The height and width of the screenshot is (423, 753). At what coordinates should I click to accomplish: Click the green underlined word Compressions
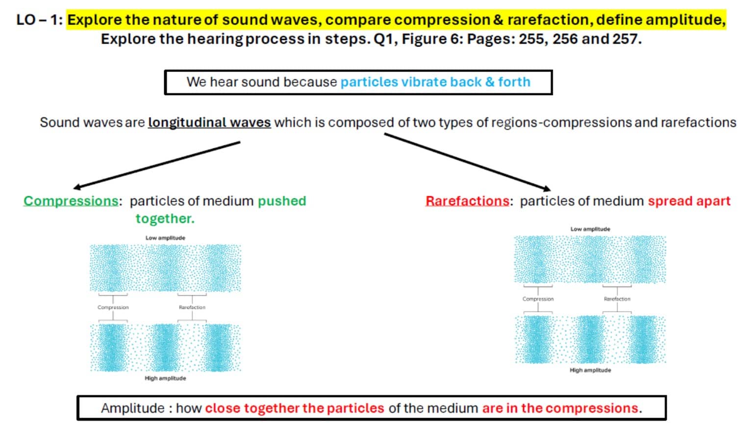pyautogui.click(x=71, y=201)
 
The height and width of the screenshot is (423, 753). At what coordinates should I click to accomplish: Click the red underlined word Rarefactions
pyautogui.click(x=467, y=201)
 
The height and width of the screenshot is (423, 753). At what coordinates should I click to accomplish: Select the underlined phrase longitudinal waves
pyautogui.click(x=209, y=122)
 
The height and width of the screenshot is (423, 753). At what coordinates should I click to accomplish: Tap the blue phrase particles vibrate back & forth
pyautogui.click(x=435, y=82)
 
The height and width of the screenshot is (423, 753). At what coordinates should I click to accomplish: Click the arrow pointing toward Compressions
pyautogui.click(x=157, y=165)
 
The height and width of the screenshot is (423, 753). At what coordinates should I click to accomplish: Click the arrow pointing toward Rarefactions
pyautogui.click(x=468, y=162)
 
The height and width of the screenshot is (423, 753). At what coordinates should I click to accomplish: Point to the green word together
pyautogui.click(x=165, y=218)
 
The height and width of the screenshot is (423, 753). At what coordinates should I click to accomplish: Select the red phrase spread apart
pyautogui.click(x=689, y=201)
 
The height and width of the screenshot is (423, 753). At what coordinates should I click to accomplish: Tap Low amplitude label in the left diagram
pyautogui.click(x=165, y=237)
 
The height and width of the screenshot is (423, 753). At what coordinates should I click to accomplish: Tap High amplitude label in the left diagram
pyautogui.click(x=165, y=378)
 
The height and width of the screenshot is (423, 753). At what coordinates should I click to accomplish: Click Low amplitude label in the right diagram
pyautogui.click(x=590, y=229)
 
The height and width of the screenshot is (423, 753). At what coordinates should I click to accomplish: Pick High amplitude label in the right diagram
pyautogui.click(x=590, y=370)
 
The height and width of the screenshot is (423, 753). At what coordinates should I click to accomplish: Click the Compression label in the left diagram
pyautogui.click(x=113, y=307)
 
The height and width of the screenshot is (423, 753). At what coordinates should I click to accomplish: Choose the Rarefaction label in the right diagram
pyautogui.click(x=617, y=299)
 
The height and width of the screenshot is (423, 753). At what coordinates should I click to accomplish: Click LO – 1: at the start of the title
pyautogui.click(x=40, y=20)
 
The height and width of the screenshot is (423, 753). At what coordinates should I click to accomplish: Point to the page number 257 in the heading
pyautogui.click(x=625, y=39)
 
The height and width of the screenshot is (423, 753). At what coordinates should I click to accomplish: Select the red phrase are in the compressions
pyautogui.click(x=560, y=408)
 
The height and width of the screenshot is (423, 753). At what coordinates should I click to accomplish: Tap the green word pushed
pyautogui.click(x=282, y=201)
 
